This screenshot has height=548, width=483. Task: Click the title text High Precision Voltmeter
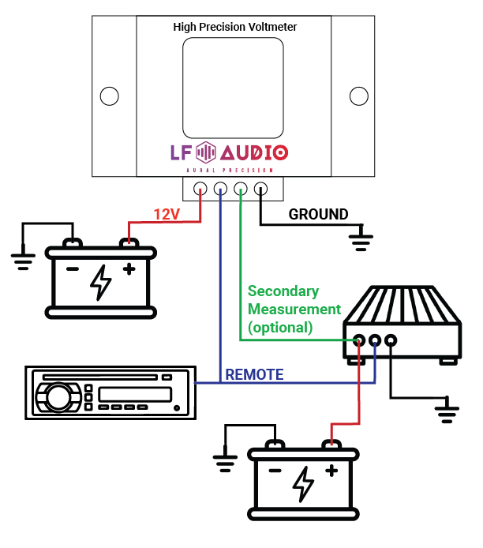(x=234, y=27)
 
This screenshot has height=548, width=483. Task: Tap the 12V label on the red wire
(x=167, y=214)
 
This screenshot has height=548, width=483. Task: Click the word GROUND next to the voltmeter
(x=318, y=214)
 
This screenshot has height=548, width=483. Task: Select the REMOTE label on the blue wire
(x=254, y=374)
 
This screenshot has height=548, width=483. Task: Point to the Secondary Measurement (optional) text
(x=293, y=309)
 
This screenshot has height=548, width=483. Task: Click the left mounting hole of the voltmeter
(x=110, y=96)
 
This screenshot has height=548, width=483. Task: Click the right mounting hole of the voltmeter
(x=359, y=96)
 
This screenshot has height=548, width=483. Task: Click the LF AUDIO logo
(x=230, y=152)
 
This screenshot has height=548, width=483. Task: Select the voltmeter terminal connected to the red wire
(x=200, y=189)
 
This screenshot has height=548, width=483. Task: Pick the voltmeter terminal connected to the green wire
(x=241, y=189)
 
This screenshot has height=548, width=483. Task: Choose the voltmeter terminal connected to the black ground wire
(x=261, y=189)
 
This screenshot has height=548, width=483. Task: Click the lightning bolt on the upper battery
(x=101, y=283)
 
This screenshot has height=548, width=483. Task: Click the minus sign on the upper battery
(x=73, y=268)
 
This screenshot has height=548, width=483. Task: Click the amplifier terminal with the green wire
(x=359, y=341)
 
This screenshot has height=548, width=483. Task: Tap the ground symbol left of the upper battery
(x=21, y=259)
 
